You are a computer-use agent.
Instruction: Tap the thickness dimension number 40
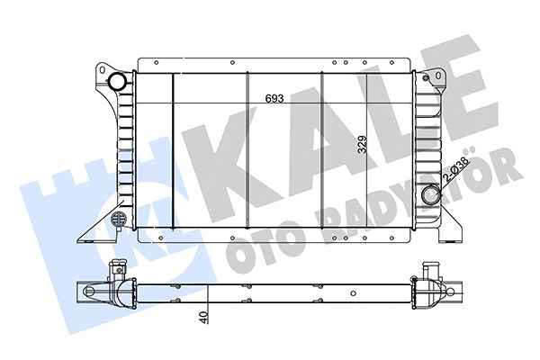coord(205,318)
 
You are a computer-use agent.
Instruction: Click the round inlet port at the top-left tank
coord(117,84)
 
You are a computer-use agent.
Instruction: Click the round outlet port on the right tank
coord(430,193)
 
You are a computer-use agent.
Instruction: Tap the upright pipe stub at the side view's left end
coord(115,270)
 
